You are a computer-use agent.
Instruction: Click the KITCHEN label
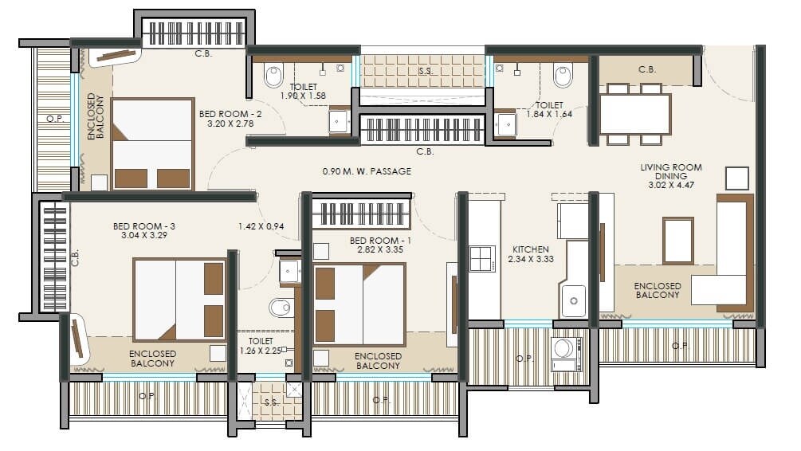[x=532, y=249]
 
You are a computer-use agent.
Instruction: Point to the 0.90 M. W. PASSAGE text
[x=367, y=171]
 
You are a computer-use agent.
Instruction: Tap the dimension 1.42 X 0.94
[x=261, y=226]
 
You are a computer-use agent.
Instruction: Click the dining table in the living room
[x=634, y=114]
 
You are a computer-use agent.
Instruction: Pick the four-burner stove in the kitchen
[x=482, y=259]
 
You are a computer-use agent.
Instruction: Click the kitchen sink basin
[x=573, y=301]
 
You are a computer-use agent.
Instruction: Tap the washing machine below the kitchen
[x=567, y=351]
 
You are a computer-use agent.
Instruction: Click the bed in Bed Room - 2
[x=152, y=143]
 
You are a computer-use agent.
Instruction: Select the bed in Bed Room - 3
[x=179, y=299]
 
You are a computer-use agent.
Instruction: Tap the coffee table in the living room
[x=678, y=240]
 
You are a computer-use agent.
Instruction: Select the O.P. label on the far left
[x=53, y=119]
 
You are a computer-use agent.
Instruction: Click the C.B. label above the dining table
[x=647, y=70]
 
